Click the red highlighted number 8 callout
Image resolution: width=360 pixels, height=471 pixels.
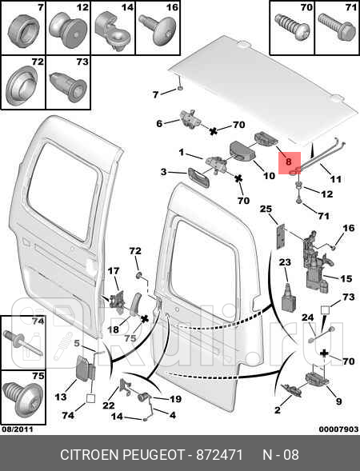click(x=289, y=162)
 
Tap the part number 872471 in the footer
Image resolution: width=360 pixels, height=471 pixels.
click(x=219, y=455)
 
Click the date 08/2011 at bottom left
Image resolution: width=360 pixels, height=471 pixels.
click(x=18, y=429)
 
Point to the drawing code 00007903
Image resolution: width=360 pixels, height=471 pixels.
click(x=338, y=429)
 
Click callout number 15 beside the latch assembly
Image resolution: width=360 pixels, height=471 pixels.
click(x=346, y=278)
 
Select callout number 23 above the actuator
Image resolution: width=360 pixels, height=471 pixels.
click(x=285, y=262)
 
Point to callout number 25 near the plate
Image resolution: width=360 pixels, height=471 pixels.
click(x=266, y=209)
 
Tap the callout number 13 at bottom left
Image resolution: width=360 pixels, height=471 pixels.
click(x=61, y=397)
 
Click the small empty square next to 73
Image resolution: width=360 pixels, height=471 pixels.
click(x=325, y=309)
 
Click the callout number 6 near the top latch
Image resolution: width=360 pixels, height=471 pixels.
click(x=159, y=123)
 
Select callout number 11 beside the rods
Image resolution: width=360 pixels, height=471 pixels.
click(x=336, y=179)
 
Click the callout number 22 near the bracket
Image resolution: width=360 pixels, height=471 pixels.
click(x=109, y=405)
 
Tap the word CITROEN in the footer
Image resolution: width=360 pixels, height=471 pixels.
click(x=90, y=455)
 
